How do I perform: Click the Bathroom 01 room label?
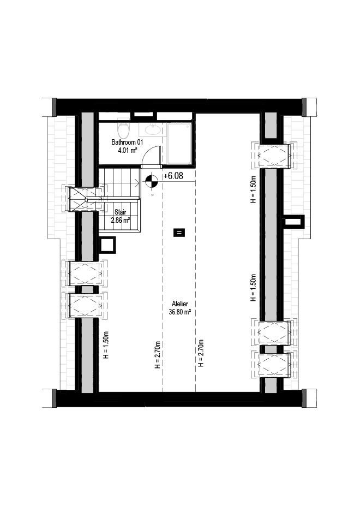click(127, 142)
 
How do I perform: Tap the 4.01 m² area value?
click(127, 150)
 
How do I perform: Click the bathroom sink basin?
click(153, 130)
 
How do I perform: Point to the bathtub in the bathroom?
click(179, 144)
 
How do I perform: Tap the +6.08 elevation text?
click(173, 176)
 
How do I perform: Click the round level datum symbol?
click(151, 182)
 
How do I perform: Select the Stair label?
click(121, 212)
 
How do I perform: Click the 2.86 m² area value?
click(121, 221)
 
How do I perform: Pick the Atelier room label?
click(180, 304)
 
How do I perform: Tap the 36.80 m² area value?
click(180, 312)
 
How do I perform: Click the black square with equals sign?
click(179, 233)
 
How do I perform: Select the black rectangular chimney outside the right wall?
click(293, 222)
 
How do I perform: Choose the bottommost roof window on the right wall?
click(274, 365)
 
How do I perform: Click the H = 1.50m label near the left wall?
click(106, 345)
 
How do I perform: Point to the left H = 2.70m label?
click(158, 355)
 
